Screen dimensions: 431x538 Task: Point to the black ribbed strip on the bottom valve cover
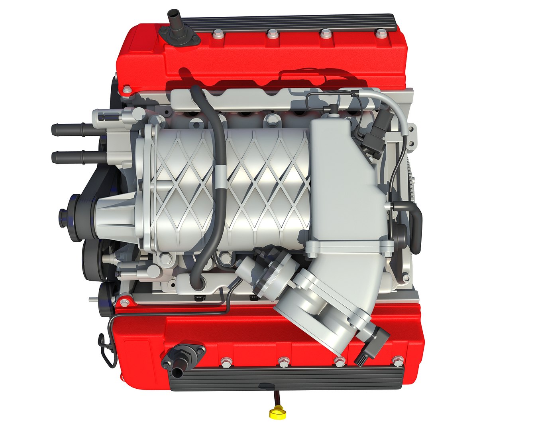[287, 377]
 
